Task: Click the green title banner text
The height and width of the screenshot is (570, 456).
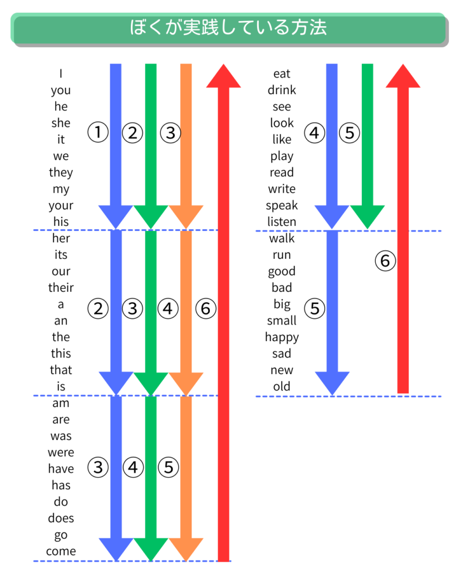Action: tap(228, 28)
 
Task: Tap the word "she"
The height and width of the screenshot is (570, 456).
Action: tap(61, 123)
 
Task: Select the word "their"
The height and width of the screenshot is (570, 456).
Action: tap(61, 288)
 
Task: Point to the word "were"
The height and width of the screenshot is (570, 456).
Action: tap(61, 453)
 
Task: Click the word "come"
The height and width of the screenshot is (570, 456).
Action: tap(61, 552)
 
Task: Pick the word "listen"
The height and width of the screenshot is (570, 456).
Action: tap(282, 222)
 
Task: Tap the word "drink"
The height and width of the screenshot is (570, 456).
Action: tap(282, 90)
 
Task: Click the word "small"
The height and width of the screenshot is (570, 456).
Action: tap(282, 321)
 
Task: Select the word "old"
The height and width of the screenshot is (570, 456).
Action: tap(282, 386)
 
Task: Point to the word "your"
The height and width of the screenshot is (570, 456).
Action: tap(61, 206)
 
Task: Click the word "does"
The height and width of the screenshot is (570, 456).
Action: tap(61, 518)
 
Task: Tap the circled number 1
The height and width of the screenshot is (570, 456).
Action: tap(98, 132)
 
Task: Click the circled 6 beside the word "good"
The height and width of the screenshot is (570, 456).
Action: tap(385, 261)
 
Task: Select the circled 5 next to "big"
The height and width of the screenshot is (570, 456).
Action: tap(315, 308)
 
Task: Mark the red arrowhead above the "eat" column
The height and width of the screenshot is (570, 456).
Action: tap(403, 76)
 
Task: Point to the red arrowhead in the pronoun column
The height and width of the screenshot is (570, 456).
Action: tap(224, 76)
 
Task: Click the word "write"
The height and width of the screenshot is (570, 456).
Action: tap(282, 189)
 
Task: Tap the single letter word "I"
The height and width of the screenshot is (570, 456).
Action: tap(61, 73)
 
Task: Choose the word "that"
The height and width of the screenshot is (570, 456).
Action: tap(61, 370)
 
